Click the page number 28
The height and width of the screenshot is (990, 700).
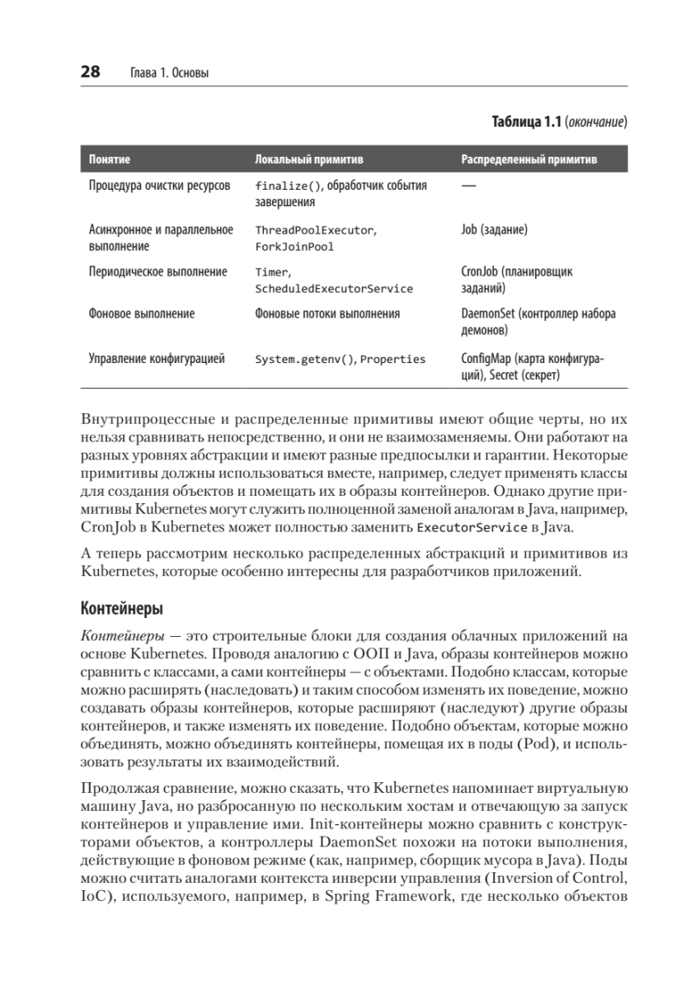(x=90, y=73)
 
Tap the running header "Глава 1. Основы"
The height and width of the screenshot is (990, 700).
(x=170, y=73)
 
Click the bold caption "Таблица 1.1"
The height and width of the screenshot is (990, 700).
(x=526, y=122)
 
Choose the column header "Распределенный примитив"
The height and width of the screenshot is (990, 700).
(x=529, y=158)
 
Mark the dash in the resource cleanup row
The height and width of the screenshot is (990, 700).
(x=468, y=186)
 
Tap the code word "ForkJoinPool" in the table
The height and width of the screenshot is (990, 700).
(x=294, y=247)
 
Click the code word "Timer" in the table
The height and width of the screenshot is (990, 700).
(x=272, y=271)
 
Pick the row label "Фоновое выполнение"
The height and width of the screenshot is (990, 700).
(x=142, y=314)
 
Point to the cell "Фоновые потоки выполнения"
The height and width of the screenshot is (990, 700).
(x=327, y=314)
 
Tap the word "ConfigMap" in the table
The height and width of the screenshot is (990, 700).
(x=486, y=359)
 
